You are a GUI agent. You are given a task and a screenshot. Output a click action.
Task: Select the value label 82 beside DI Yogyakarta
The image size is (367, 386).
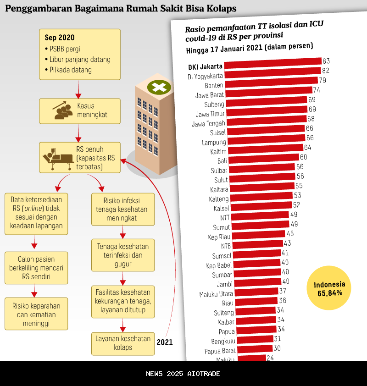pos(326,71)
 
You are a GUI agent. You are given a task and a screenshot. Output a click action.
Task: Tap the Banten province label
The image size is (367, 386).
pos(214,85)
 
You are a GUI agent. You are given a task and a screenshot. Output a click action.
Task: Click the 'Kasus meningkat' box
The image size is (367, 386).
pos(79,111)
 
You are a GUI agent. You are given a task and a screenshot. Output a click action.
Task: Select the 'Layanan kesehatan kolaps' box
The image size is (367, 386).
pos(123,343)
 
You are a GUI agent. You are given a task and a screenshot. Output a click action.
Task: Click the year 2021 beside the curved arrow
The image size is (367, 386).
pos(165,342)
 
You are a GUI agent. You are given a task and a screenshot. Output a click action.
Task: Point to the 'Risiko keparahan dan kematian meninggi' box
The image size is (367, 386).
pos(36,314)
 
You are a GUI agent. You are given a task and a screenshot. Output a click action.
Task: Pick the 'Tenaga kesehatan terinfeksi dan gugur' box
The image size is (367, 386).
pos(123,255)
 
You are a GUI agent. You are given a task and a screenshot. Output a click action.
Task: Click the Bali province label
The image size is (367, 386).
pos(222,161)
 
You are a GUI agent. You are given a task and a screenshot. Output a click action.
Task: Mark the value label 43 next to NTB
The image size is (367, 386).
pos(288,243)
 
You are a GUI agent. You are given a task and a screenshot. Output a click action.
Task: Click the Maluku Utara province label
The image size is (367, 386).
pos(217,294)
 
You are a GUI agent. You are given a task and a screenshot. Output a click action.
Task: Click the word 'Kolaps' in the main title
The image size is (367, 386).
pos(222,9)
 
